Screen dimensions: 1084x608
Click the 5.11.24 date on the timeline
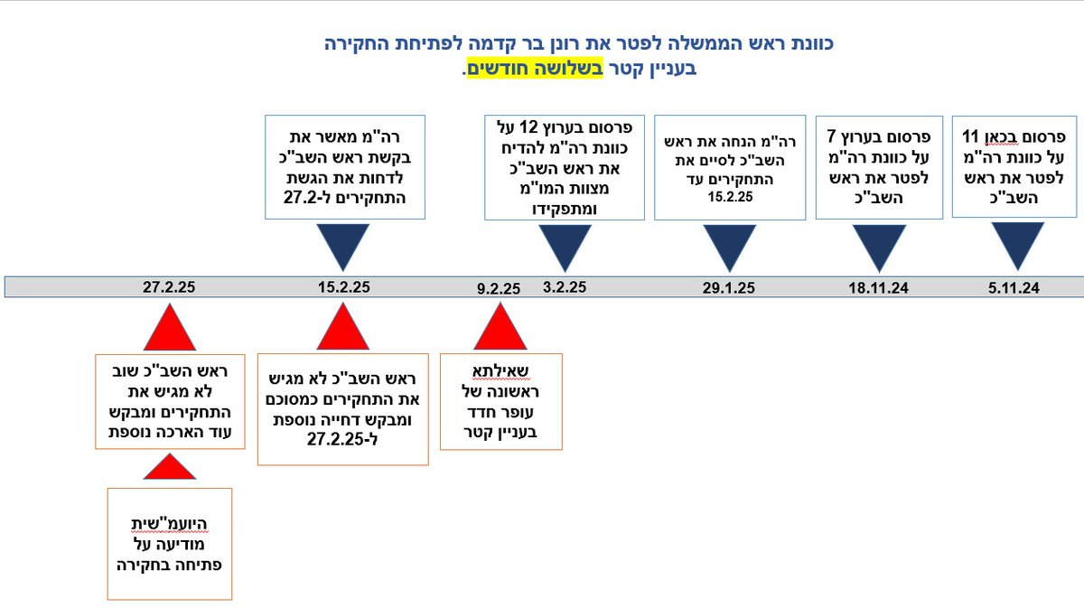(x=1014, y=288)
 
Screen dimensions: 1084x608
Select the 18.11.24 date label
(x=878, y=288)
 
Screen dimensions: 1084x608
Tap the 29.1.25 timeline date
(x=729, y=288)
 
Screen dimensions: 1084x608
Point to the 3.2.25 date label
(x=565, y=287)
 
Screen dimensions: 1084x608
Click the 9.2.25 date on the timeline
(x=499, y=288)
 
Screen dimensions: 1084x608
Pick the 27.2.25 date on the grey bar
(x=169, y=287)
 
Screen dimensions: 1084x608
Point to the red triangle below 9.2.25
(x=500, y=326)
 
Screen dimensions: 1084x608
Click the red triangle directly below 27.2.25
(x=170, y=327)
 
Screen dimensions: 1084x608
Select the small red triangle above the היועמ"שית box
(x=170, y=467)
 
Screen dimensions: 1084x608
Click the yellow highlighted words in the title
(x=535, y=69)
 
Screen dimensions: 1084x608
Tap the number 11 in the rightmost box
(x=970, y=136)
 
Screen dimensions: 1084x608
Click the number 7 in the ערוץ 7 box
(x=831, y=136)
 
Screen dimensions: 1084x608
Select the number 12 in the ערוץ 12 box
(x=528, y=127)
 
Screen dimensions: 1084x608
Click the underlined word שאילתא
(x=500, y=371)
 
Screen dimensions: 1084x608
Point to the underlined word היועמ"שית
(x=169, y=524)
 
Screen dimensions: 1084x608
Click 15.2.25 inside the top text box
(x=730, y=197)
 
